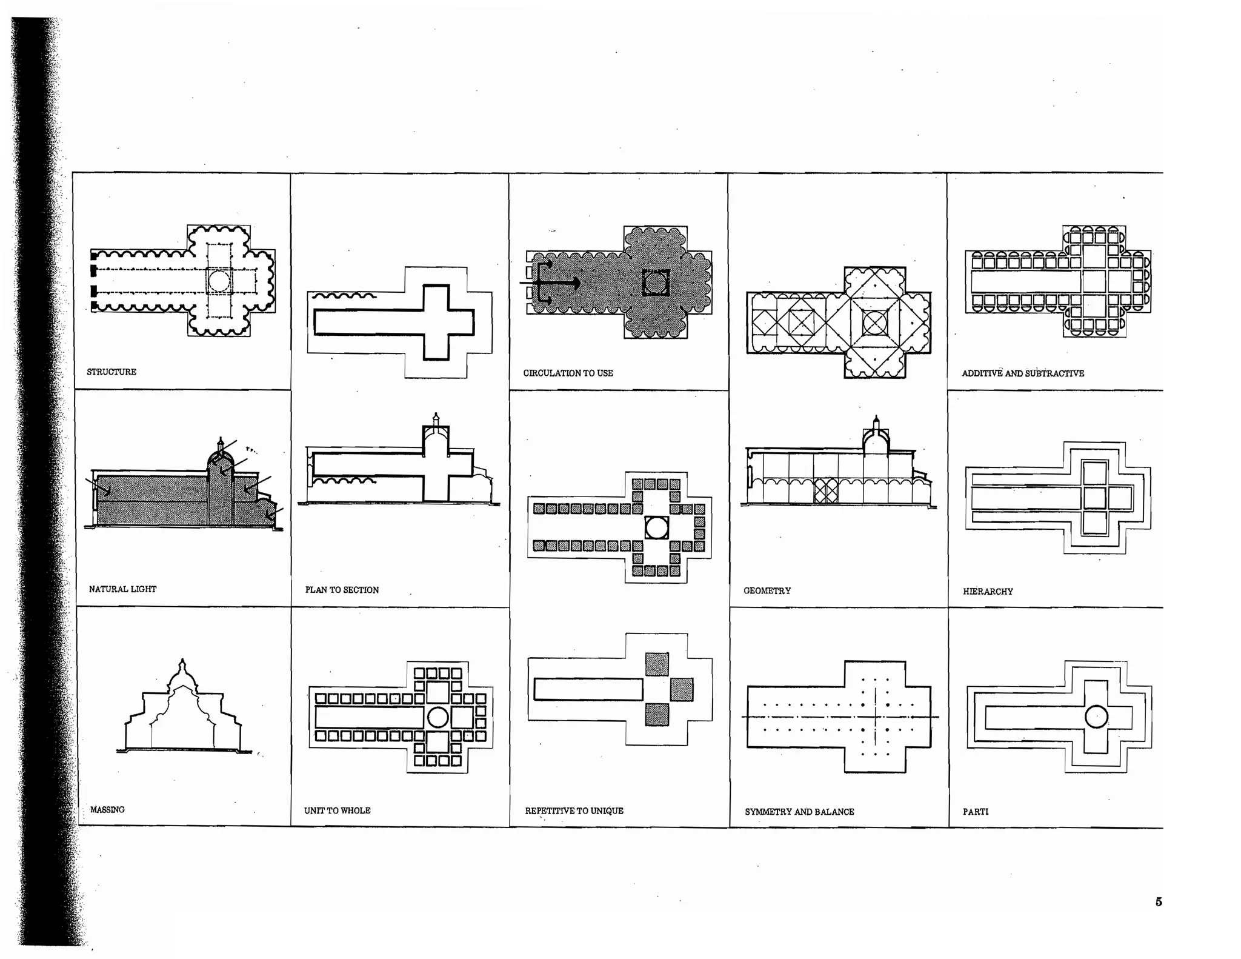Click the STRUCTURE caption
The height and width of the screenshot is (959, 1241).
[x=111, y=372]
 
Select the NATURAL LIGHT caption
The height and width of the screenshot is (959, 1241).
[x=122, y=589]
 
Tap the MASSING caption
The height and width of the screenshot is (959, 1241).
[x=107, y=809]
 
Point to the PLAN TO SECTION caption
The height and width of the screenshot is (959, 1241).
[x=342, y=590]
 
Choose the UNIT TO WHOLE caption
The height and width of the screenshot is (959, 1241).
[x=337, y=810]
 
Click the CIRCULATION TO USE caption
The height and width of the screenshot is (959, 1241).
[x=568, y=373]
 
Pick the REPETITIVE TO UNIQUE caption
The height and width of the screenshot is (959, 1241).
[x=574, y=810]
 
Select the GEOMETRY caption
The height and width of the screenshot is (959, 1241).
[x=767, y=590]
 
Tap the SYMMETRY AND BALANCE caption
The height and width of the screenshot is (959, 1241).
[x=799, y=812]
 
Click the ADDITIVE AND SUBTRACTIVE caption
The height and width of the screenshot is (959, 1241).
[x=1022, y=373]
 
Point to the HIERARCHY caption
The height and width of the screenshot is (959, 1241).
[x=988, y=591]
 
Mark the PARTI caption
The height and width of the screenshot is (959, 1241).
[x=975, y=812]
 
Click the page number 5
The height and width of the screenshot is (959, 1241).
[x=1159, y=901]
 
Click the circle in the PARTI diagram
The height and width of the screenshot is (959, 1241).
[x=1096, y=717]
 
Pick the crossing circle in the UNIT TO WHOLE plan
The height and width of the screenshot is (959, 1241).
[x=438, y=718]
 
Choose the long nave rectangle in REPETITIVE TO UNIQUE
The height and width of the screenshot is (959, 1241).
[x=588, y=689]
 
